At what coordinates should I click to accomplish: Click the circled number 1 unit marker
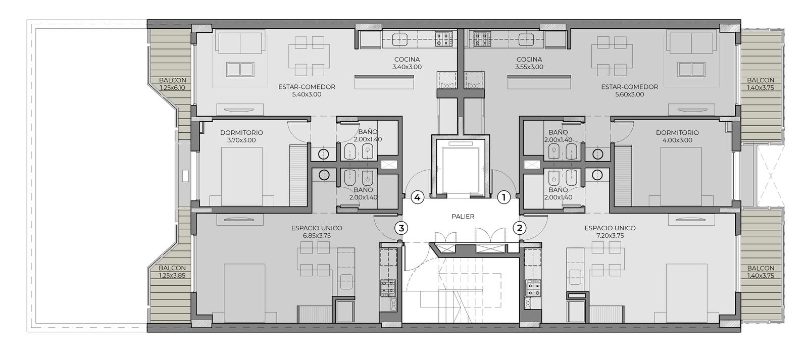pyautogui.click(x=504, y=198)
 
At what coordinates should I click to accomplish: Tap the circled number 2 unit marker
pyautogui.click(x=520, y=228)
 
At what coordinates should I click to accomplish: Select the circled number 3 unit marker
pyautogui.click(x=401, y=228)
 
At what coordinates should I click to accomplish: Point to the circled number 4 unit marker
pyautogui.click(x=417, y=198)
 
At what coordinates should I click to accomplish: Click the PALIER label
pyautogui.click(x=463, y=217)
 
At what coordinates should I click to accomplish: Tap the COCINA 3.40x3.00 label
pyautogui.click(x=407, y=63)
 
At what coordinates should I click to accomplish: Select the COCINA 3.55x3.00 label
pyautogui.click(x=529, y=63)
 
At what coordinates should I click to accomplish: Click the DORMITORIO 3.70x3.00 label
pyautogui.click(x=241, y=136)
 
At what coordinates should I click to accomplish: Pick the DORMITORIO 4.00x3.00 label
pyautogui.click(x=677, y=136)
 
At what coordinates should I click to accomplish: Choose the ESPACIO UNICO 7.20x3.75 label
pyautogui.click(x=610, y=232)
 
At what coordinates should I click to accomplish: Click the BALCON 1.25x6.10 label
pyautogui.click(x=173, y=84)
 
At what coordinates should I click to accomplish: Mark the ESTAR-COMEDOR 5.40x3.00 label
pyautogui.click(x=307, y=90)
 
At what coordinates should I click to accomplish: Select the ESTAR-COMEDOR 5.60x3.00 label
pyautogui.click(x=629, y=90)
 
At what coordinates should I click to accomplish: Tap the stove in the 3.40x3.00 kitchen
pyautogui.click(x=444, y=39)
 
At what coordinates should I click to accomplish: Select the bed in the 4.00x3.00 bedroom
pyautogui.click(x=681, y=177)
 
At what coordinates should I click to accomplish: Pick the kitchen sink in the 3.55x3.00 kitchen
pyautogui.click(x=526, y=40)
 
